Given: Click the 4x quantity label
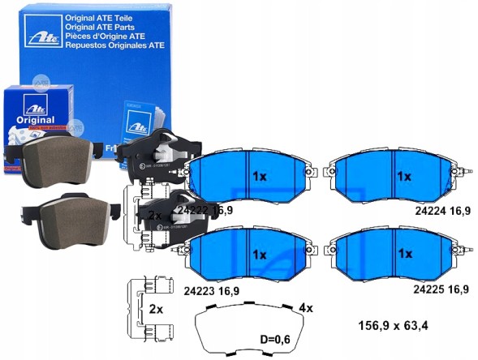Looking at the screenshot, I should (x=305, y=308).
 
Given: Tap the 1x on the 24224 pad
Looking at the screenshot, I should (x=403, y=176).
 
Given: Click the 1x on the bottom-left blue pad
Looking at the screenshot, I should (x=259, y=254).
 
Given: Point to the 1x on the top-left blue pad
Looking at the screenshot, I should (x=259, y=176).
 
